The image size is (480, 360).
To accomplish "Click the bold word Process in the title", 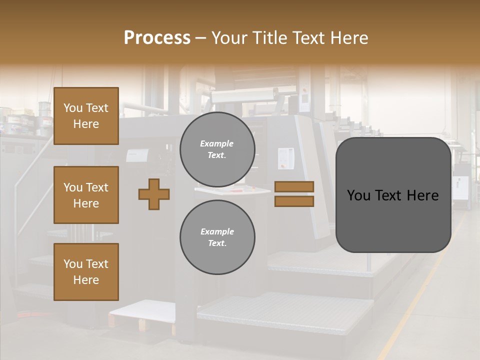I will tap(157, 38).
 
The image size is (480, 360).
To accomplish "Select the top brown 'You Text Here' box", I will tap(86, 116).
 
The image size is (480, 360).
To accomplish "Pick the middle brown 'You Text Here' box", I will tap(86, 195).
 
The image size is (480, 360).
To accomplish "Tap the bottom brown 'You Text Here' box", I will tap(86, 272).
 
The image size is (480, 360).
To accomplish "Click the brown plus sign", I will tap(154, 194).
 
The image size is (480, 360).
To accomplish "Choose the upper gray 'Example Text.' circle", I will tap(217, 149).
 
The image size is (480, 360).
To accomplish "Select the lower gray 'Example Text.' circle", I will tap(217, 237).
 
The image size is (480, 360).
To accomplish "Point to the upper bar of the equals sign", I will tap(294, 187).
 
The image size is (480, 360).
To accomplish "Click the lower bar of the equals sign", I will tap(294, 201).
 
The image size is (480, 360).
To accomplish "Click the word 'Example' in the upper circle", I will tap(217, 143).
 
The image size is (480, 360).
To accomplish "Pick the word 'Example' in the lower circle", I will tap(217, 231).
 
